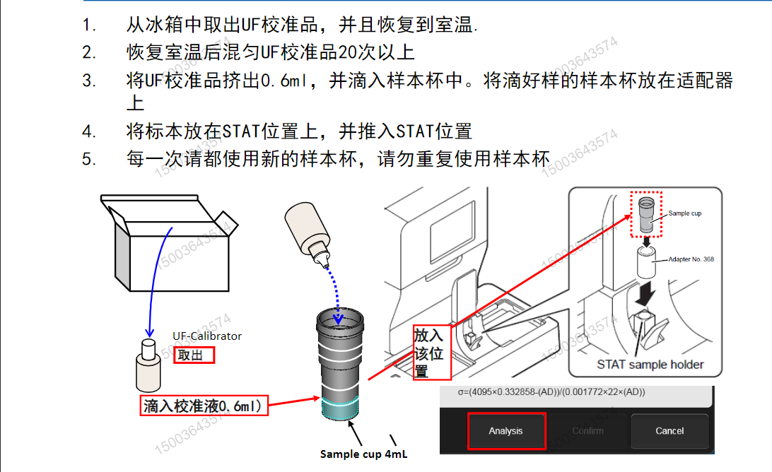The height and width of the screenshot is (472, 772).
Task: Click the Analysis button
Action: (505, 431)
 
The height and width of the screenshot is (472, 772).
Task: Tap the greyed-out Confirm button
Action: (587, 431)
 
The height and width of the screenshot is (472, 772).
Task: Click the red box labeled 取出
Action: (194, 355)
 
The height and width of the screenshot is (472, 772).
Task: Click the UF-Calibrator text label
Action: (207, 336)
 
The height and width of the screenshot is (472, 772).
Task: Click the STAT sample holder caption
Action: (650, 365)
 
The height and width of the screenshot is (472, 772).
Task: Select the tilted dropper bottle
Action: (309, 233)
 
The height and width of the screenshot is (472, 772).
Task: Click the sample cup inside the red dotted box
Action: (646, 216)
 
